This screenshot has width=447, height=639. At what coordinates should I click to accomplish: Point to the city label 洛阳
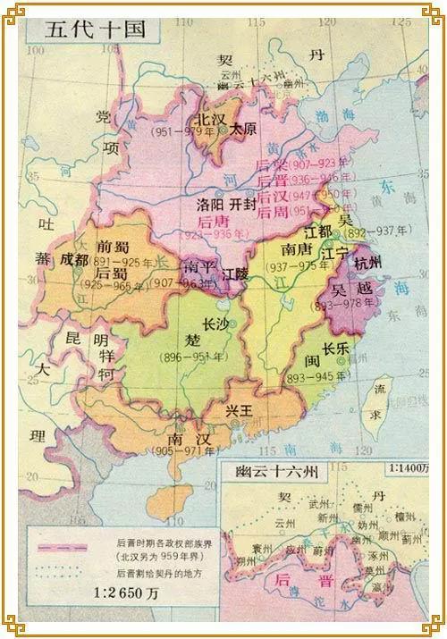(x=211, y=204)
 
